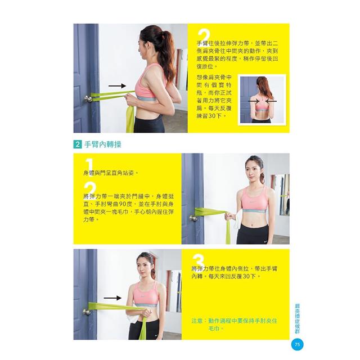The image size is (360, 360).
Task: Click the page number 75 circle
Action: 297,344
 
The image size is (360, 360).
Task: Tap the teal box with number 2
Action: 78,145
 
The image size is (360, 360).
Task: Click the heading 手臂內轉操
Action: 102,145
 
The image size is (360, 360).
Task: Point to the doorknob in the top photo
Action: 88,99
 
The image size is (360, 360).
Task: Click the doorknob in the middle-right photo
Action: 193,218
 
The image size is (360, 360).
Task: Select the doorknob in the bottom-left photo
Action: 87,312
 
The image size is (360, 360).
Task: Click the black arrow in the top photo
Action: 117,86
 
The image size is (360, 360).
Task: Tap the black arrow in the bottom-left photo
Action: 112,298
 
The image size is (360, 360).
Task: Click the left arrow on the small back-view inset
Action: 254,101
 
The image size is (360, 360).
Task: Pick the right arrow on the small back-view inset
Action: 271,101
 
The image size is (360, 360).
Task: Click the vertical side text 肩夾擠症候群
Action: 298,318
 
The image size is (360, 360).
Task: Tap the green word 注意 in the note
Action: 197,321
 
